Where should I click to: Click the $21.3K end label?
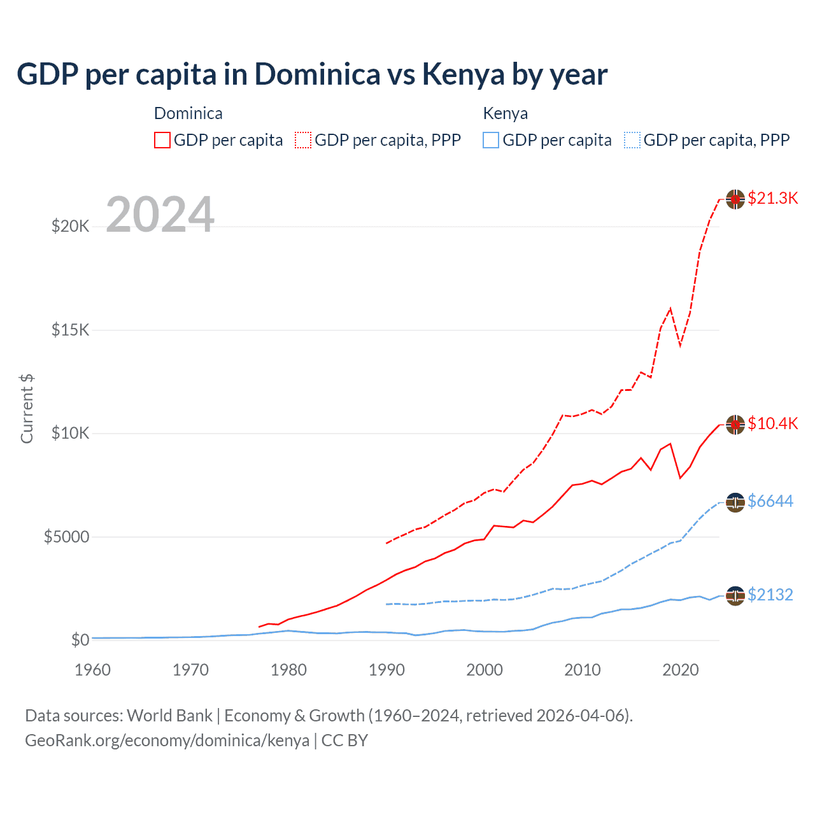point(772,198)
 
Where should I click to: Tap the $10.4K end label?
point(772,423)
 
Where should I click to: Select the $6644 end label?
point(770,501)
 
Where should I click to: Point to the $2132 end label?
point(770,595)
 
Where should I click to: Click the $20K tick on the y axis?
point(70,226)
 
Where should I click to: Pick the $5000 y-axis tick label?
point(66,537)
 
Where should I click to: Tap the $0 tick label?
point(80,640)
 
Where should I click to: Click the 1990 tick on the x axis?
point(386,670)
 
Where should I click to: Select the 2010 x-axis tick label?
point(583,670)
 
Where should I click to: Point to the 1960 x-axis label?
point(92,670)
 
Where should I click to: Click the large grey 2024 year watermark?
point(160,215)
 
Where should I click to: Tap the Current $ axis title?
point(27,409)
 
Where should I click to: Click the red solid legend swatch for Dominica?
point(162,140)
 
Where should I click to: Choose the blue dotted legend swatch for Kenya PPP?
point(632,140)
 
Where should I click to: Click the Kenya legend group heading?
point(505,113)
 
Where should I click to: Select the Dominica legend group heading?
point(188,113)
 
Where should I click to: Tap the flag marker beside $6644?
point(735,502)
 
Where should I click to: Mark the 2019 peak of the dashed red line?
point(670,309)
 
